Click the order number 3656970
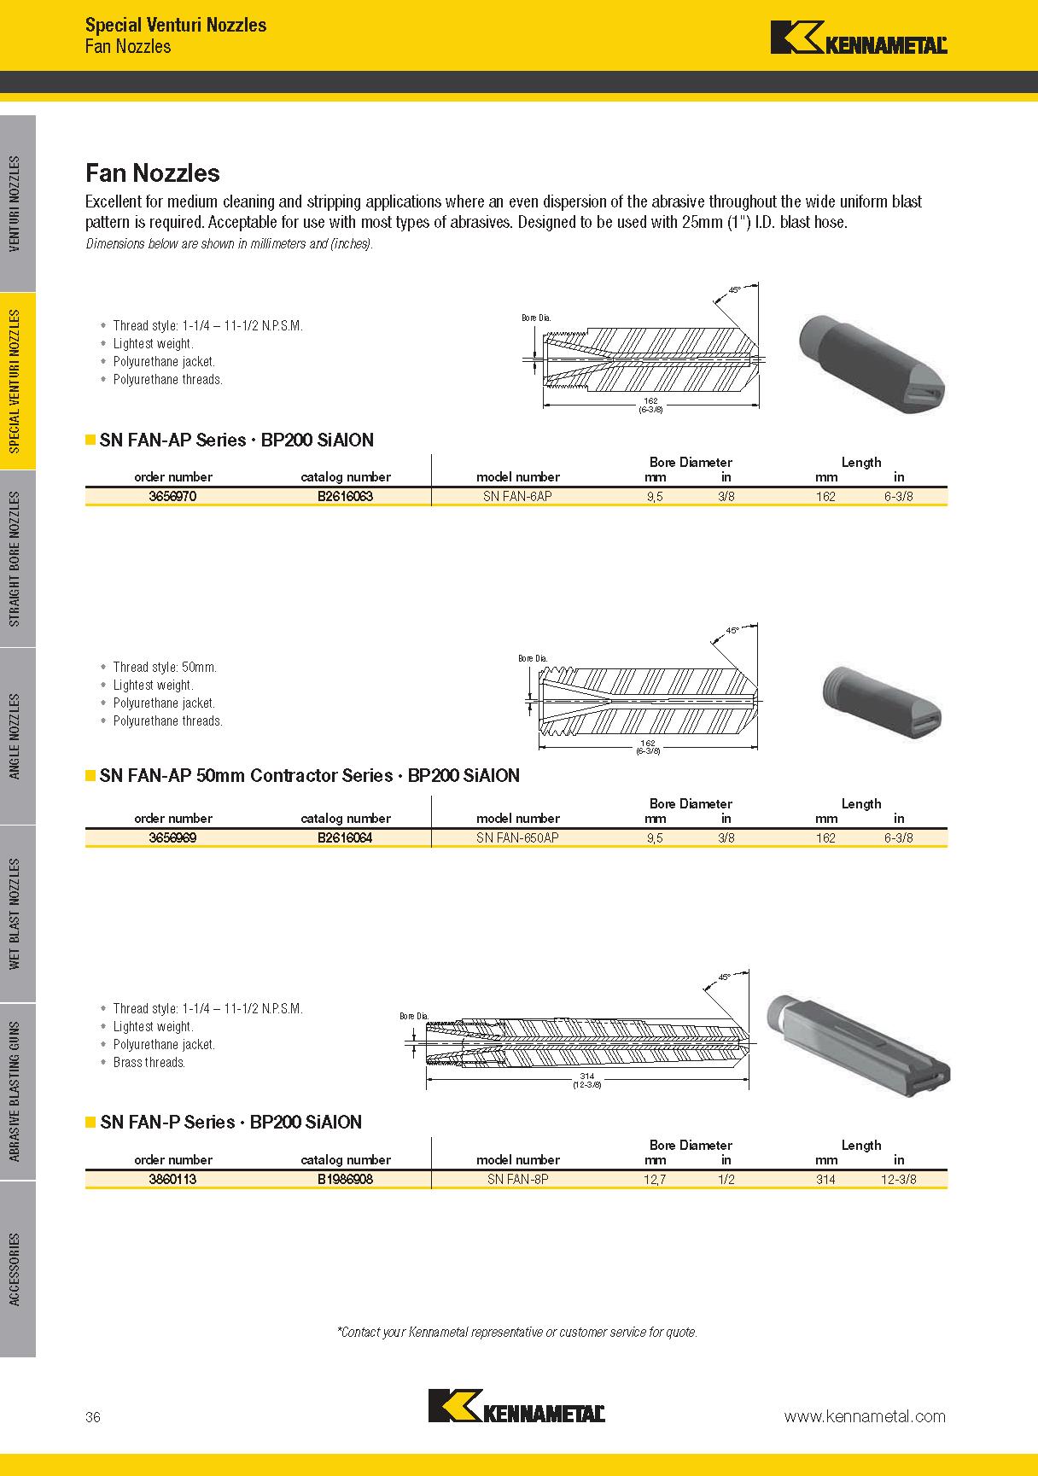coord(172,496)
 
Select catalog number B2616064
coord(345,837)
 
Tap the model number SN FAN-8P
coord(517,1179)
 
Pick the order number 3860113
coord(172,1179)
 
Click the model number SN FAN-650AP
coord(517,837)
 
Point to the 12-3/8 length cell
coord(898,1179)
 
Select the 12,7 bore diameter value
coord(655,1179)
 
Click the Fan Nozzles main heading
coord(153,173)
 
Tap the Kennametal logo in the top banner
coord(859,38)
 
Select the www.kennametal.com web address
coord(865,1416)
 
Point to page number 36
coord(93,1417)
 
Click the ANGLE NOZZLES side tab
coord(17,736)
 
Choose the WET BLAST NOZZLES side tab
coord(17,913)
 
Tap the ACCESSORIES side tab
coord(17,1269)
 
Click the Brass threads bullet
coord(149,1063)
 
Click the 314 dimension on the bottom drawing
coord(586,1076)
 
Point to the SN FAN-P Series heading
coord(230,1123)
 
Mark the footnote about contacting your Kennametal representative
coord(517,1332)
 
